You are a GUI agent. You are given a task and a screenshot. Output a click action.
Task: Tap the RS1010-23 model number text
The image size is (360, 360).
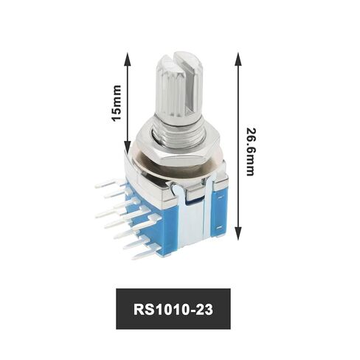tap(179, 308)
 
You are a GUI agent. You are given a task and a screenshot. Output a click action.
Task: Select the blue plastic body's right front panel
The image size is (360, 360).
tap(218, 210)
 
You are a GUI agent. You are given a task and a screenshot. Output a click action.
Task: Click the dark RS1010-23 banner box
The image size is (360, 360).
tap(179, 308)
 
